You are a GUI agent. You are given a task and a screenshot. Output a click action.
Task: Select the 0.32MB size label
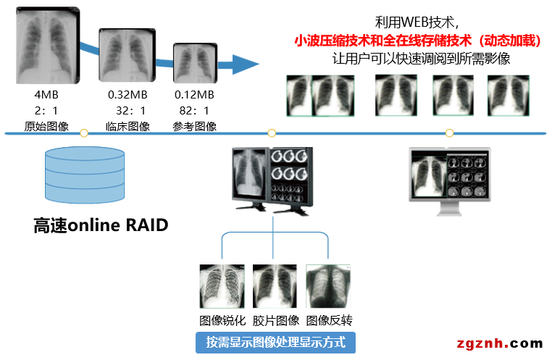coord(128,94)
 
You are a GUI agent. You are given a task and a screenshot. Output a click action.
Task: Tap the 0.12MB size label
coord(194,94)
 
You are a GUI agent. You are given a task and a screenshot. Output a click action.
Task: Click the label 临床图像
coord(128,126)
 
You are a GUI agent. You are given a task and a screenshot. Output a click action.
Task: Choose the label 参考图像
coord(194,126)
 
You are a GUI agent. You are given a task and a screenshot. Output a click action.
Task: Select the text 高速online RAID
coord(101,225)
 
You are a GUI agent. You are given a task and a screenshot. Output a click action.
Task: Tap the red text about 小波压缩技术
coord(418,41)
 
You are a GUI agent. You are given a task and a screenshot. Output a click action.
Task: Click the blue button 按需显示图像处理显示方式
coord(275,342)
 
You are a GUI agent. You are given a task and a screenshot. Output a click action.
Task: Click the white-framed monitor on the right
coord(449,178)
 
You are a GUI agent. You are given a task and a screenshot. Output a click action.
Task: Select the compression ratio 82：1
coord(194,110)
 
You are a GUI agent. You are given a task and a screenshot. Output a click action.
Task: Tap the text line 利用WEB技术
coord(417,22)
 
